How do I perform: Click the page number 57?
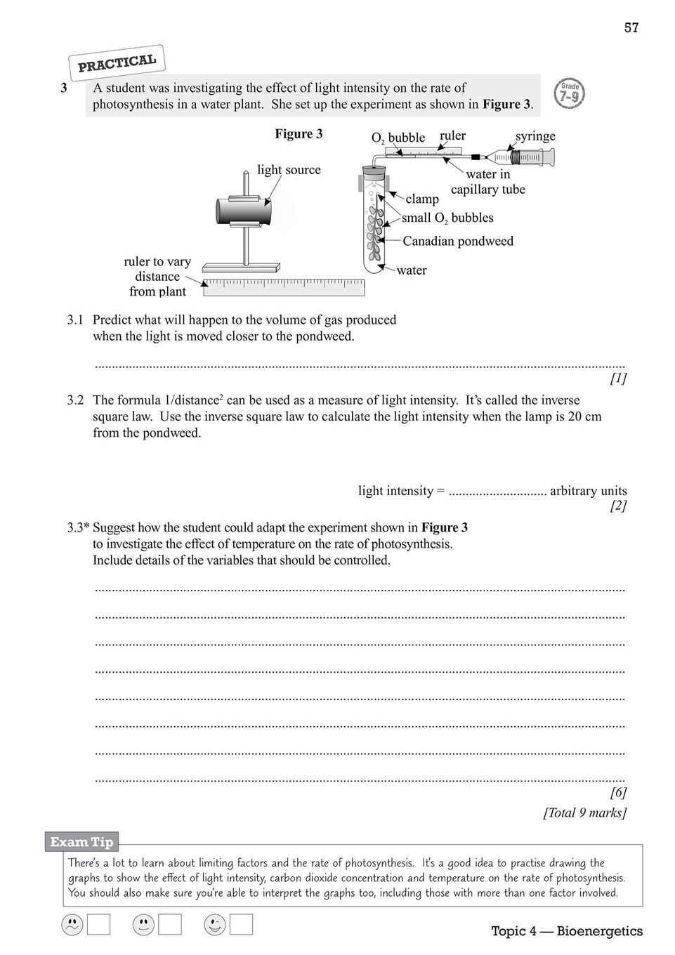tap(631, 28)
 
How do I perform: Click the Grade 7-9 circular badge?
tap(570, 93)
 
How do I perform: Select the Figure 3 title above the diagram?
tap(299, 134)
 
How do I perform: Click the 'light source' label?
tap(289, 170)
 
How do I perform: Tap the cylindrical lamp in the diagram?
tap(243, 211)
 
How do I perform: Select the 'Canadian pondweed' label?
tap(458, 241)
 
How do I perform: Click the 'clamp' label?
tap(422, 199)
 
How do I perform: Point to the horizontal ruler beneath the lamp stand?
tap(284, 286)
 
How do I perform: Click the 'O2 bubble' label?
tap(398, 138)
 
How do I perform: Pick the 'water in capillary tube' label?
tap(487, 182)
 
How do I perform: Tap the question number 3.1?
tap(75, 320)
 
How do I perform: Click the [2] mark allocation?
tap(618, 506)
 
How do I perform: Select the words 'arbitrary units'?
tap(588, 491)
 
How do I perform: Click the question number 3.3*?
tap(78, 528)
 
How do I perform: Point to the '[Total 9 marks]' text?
tap(584, 813)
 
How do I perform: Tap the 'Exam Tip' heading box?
tap(81, 842)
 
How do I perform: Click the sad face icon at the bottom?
tap(72, 926)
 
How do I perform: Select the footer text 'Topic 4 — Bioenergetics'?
tap(566, 931)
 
